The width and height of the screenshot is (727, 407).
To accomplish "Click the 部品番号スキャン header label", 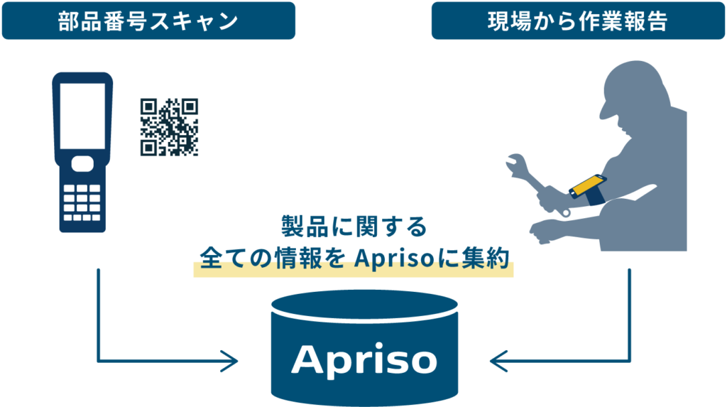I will click(x=148, y=21).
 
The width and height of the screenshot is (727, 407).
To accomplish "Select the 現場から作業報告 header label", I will click(x=577, y=21).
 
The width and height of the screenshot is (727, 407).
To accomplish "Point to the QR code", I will click(x=169, y=126).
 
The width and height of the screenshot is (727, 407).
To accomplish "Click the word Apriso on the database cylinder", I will click(x=363, y=359).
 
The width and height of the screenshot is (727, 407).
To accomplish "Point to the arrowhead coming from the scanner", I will click(x=231, y=361).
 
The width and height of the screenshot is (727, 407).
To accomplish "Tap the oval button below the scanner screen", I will click(x=82, y=162).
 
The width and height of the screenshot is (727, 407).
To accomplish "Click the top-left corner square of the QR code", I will click(x=148, y=106).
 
